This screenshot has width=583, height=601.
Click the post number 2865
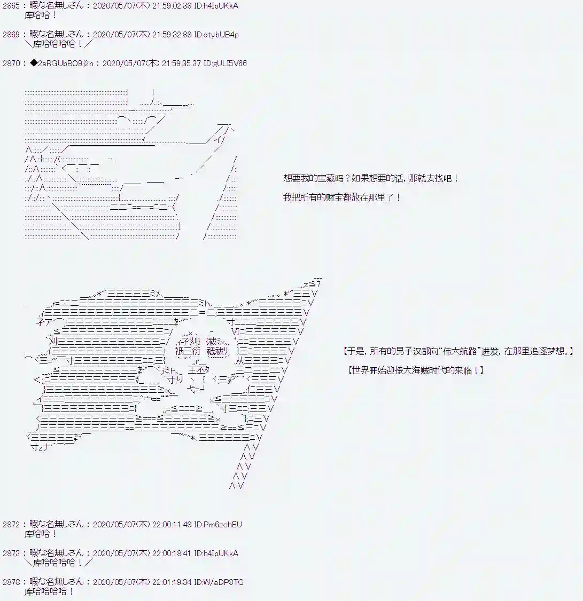click(x=11, y=6)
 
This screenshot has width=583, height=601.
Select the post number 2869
click(x=11, y=35)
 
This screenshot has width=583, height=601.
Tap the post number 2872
click(x=11, y=525)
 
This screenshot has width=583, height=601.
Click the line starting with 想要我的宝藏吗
click(x=370, y=179)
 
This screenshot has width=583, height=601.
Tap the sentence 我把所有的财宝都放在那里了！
click(x=342, y=197)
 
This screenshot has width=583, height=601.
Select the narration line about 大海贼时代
click(x=415, y=370)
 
